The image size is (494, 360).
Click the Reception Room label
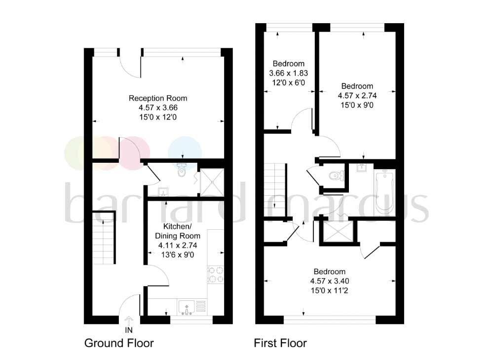(158, 98)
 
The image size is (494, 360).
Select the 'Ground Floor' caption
(119, 343)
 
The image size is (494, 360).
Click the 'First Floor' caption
(280, 343)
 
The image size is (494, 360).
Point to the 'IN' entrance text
(129, 329)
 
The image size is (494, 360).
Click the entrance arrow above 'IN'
(129, 320)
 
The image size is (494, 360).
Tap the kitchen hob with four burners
(215, 275)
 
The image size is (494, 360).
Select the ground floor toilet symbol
(182, 171)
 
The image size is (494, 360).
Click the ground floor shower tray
(212, 182)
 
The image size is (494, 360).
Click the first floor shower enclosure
(339, 232)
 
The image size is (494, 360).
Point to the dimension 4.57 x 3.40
(330, 281)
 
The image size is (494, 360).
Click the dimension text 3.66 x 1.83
(289, 73)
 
